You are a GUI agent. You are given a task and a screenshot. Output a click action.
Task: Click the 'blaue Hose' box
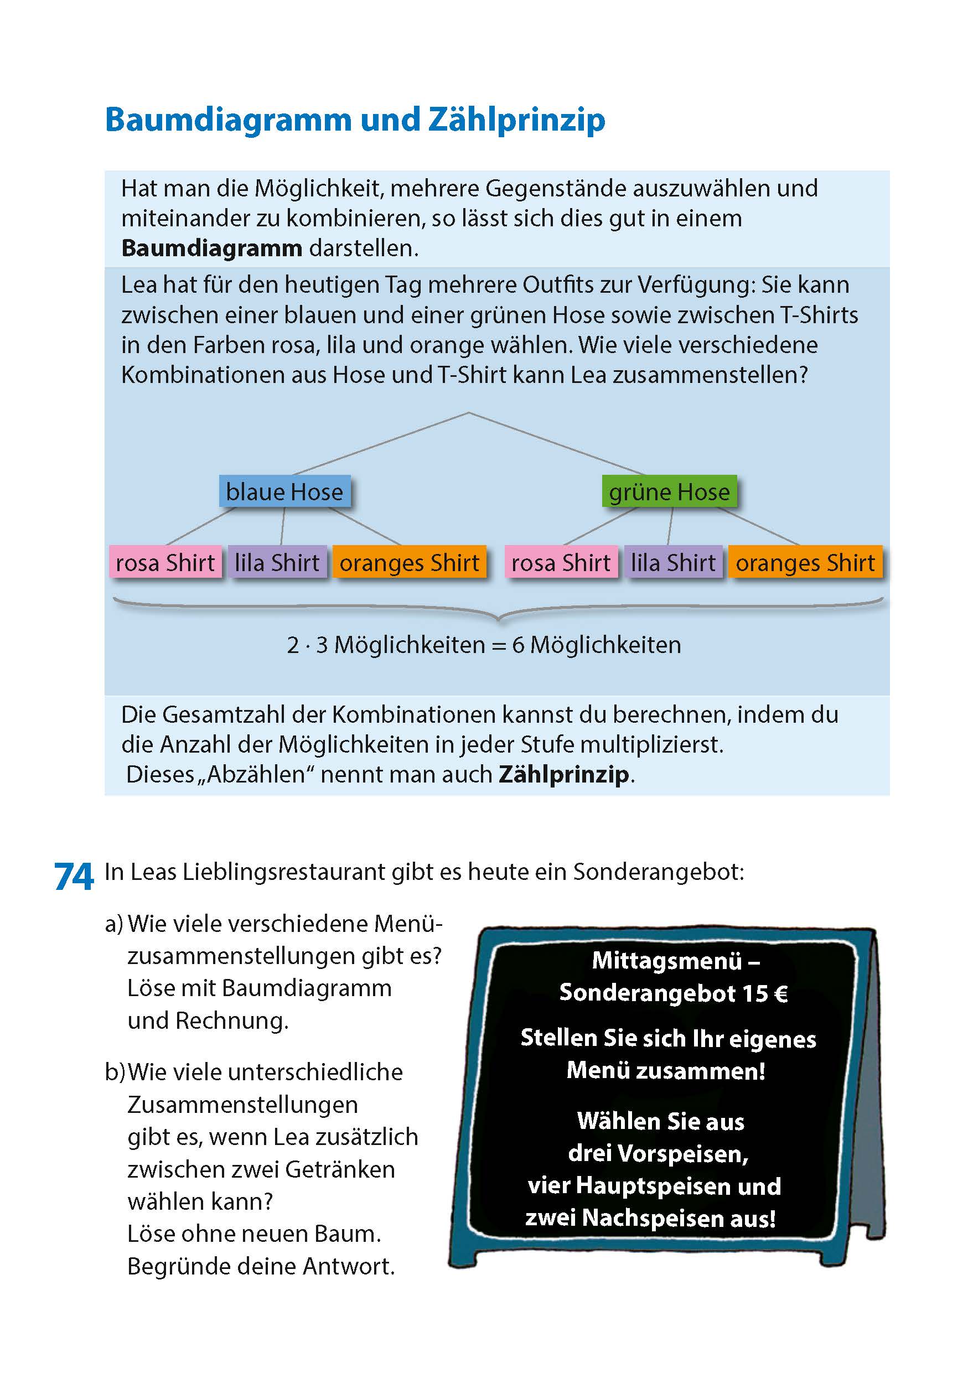pos(284,491)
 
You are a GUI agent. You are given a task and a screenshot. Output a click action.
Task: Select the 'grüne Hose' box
pos(669,491)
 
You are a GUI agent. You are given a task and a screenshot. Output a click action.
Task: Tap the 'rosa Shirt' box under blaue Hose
pos(165,562)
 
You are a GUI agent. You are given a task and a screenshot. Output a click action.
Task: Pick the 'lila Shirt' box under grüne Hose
pos(672,562)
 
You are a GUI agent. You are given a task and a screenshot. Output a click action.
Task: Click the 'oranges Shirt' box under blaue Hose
pos(409,562)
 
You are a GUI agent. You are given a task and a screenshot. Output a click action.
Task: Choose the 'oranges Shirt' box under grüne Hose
pos(805,562)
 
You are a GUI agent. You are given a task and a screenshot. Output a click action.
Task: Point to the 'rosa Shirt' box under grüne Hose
pos(561,562)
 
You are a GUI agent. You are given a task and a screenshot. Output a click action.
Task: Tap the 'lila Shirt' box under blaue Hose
pos(277,562)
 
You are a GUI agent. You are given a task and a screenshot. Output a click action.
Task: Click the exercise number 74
pos(74,877)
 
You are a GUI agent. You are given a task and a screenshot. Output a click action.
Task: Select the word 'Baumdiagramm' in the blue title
pos(229,120)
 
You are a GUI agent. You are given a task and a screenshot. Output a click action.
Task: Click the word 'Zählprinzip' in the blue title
pos(516,120)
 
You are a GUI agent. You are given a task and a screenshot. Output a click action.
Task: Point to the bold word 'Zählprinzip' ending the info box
pos(564,774)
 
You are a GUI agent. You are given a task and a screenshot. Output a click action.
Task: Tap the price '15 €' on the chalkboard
pos(765,993)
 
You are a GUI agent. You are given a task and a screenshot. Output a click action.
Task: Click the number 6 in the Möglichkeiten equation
pos(518,645)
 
